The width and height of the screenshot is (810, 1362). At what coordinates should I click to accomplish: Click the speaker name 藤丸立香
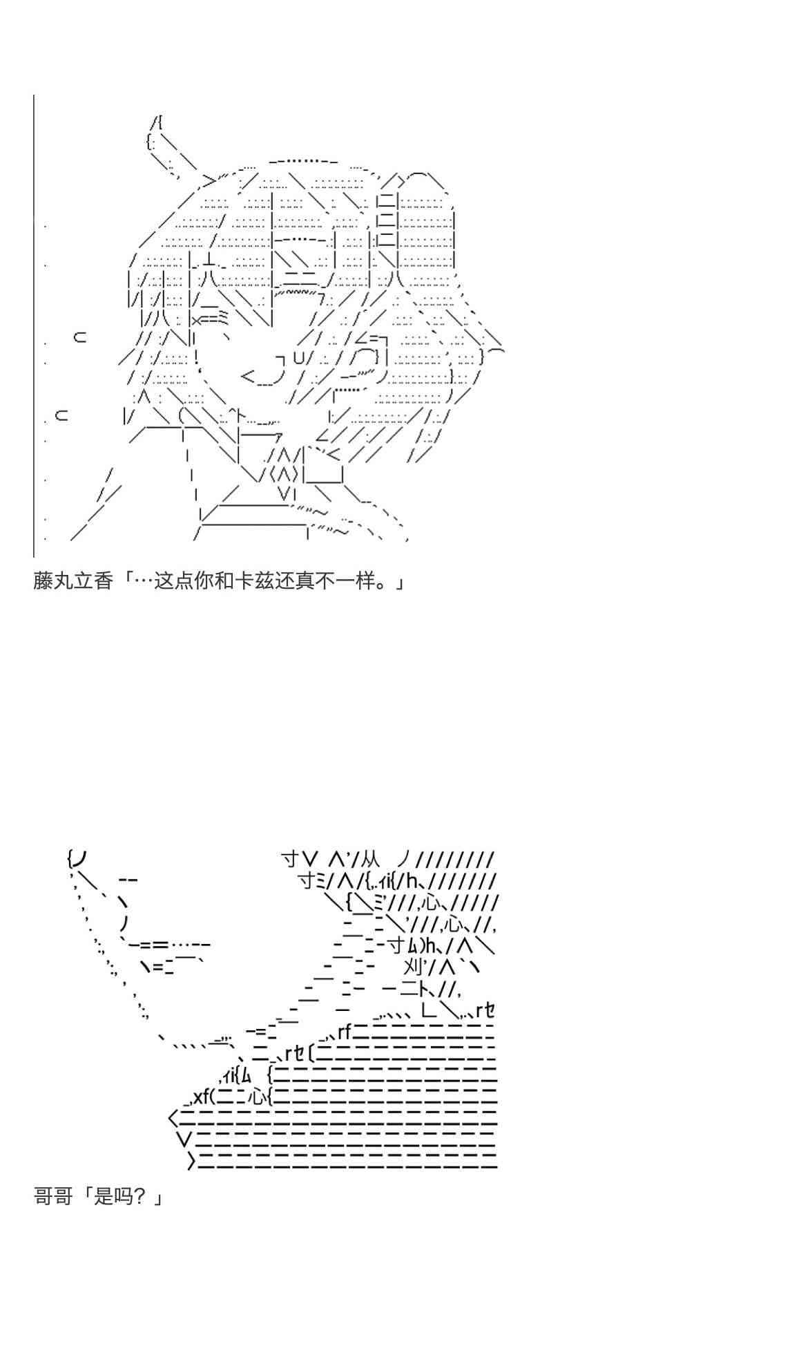click(73, 581)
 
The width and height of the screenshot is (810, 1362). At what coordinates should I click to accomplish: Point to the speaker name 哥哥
click(53, 1196)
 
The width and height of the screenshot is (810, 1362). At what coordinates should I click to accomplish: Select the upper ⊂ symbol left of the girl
click(80, 337)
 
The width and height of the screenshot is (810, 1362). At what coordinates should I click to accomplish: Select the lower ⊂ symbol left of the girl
click(61, 416)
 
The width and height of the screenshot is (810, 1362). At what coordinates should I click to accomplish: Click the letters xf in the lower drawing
click(201, 1097)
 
